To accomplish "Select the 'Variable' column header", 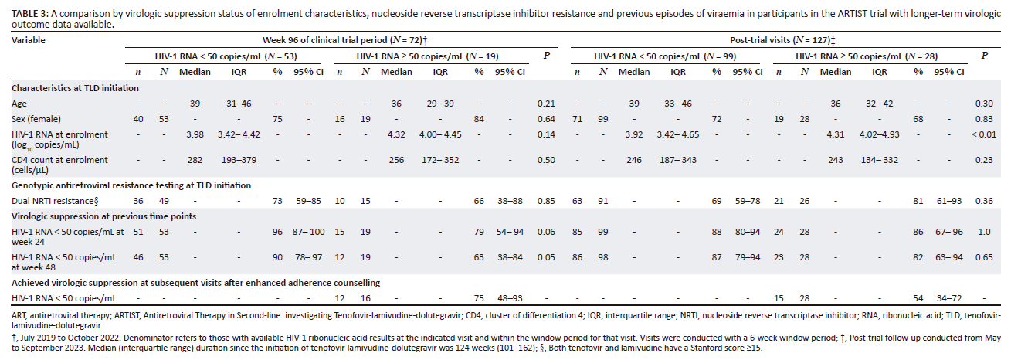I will pos(29,39).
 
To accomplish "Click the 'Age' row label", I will pos(19,103).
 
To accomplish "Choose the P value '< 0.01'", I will pos(982,134).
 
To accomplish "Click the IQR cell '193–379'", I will pos(245,160).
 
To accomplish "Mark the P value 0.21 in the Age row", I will pos(548,103).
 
